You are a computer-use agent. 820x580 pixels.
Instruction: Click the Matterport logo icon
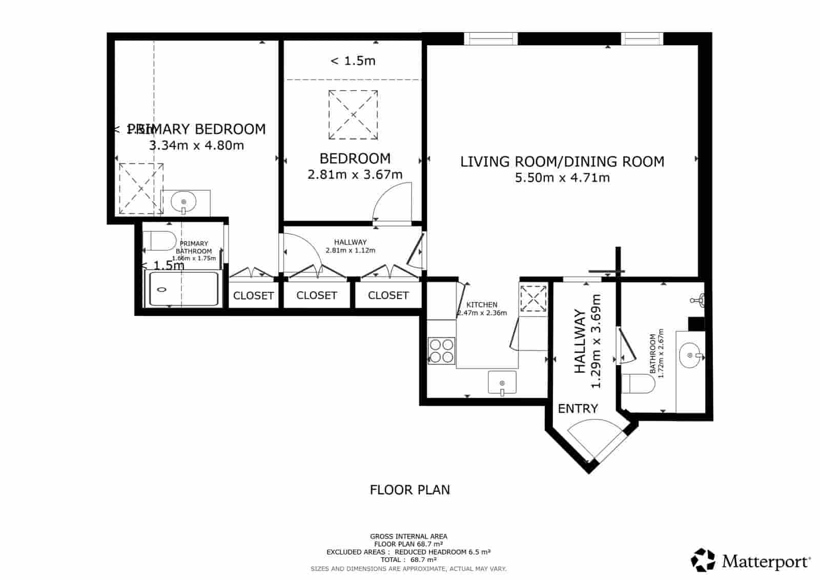703,560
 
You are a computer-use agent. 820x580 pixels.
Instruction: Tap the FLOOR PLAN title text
409,490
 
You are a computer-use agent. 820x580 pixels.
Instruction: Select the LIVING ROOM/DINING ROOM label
562,162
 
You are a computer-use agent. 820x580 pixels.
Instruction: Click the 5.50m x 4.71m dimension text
562,178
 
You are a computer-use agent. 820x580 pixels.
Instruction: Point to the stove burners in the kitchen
441,351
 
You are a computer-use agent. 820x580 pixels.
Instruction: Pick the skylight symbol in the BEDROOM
353,114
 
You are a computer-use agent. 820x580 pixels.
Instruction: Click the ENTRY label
578,409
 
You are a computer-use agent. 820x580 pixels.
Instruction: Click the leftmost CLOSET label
253,296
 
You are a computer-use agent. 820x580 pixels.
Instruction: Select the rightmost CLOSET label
388,295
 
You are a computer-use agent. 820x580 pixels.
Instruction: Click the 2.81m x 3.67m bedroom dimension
355,175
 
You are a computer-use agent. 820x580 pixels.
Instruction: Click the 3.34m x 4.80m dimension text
196,146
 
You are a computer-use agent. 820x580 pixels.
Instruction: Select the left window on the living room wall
490,38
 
